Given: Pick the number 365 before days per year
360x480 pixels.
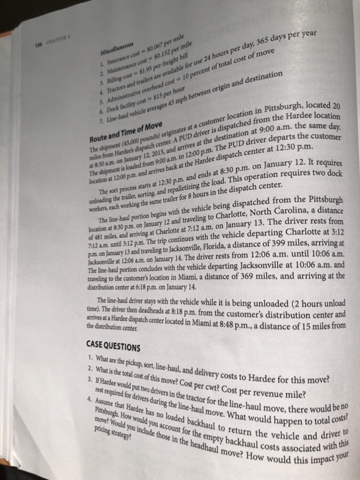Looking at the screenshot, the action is [269, 45].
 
